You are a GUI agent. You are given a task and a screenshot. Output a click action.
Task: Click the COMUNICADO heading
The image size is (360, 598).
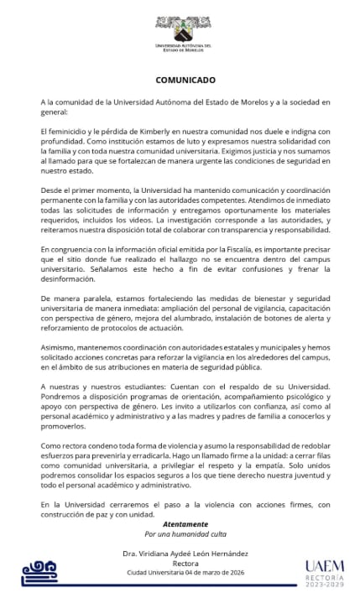point(180,80)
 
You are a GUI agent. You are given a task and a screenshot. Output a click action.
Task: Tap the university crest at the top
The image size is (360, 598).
point(180,23)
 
